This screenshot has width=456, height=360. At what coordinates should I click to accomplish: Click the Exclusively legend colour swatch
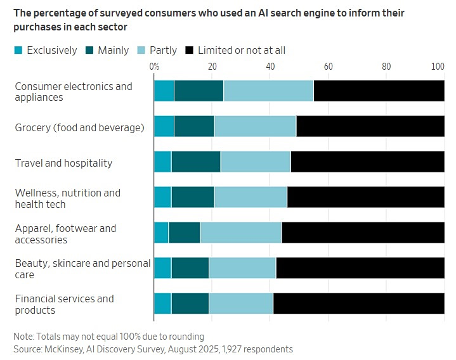click(x=18, y=50)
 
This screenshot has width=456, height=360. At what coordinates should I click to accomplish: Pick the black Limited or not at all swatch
click(x=190, y=50)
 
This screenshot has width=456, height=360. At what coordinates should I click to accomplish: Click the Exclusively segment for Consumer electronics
click(x=164, y=91)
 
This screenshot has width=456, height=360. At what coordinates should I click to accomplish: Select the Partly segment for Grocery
click(x=255, y=127)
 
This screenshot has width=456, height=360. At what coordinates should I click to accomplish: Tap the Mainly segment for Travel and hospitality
click(x=195, y=162)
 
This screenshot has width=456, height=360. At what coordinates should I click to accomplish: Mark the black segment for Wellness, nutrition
click(x=365, y=198)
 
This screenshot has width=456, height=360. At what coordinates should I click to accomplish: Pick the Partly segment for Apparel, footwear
click(x=240, y=233)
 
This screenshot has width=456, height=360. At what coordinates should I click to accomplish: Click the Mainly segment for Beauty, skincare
click(x=190, y=269)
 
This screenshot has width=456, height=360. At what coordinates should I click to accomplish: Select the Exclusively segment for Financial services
click(x=162, y=304)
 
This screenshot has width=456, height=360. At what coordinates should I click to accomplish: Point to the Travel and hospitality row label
click(x=63, y=163)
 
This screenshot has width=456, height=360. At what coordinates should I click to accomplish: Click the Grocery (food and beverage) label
click(x=79, y=127)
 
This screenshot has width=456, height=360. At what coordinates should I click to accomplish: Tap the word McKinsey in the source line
click(x=63, y=349)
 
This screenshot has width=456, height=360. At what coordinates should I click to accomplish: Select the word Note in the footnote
click(x=24, y=337)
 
